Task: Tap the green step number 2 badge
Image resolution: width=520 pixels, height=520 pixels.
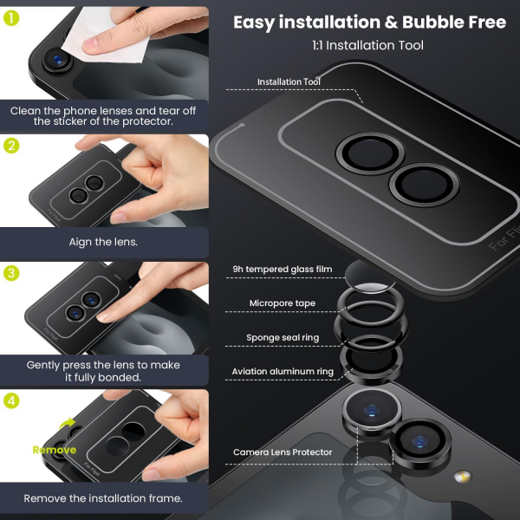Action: tap(12, 146)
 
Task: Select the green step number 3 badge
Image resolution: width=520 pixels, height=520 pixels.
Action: tap(12, 274)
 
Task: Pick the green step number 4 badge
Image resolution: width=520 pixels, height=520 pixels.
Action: tap(12, 401)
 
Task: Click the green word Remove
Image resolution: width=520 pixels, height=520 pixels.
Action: tap(54, 450)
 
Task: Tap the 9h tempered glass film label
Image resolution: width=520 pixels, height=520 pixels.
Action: tap(282, 270)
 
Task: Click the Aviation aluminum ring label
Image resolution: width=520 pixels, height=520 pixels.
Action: tap(282, 372)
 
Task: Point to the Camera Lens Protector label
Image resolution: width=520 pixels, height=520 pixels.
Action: tap(282, 452)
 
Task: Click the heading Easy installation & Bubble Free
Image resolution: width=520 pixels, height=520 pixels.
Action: tap(369, 22)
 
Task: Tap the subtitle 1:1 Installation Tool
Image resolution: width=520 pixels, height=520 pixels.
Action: tap(368, 44)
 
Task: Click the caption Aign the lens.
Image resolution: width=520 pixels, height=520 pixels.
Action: tap(103, 242)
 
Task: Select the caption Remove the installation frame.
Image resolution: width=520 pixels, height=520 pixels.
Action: tap(103, 498)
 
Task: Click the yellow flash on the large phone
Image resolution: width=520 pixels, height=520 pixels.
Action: tap(463, 476)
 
